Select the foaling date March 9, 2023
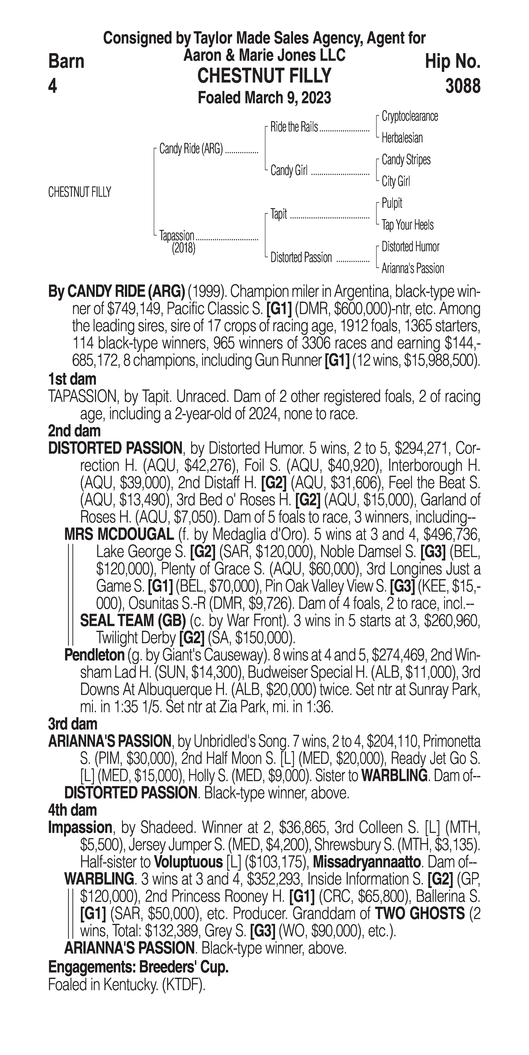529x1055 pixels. tap(264, 98)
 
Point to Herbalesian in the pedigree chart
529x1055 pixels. tap(402, 138)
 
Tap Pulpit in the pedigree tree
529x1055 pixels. tap(392, 203)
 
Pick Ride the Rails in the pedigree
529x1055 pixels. tap(294, 127)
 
